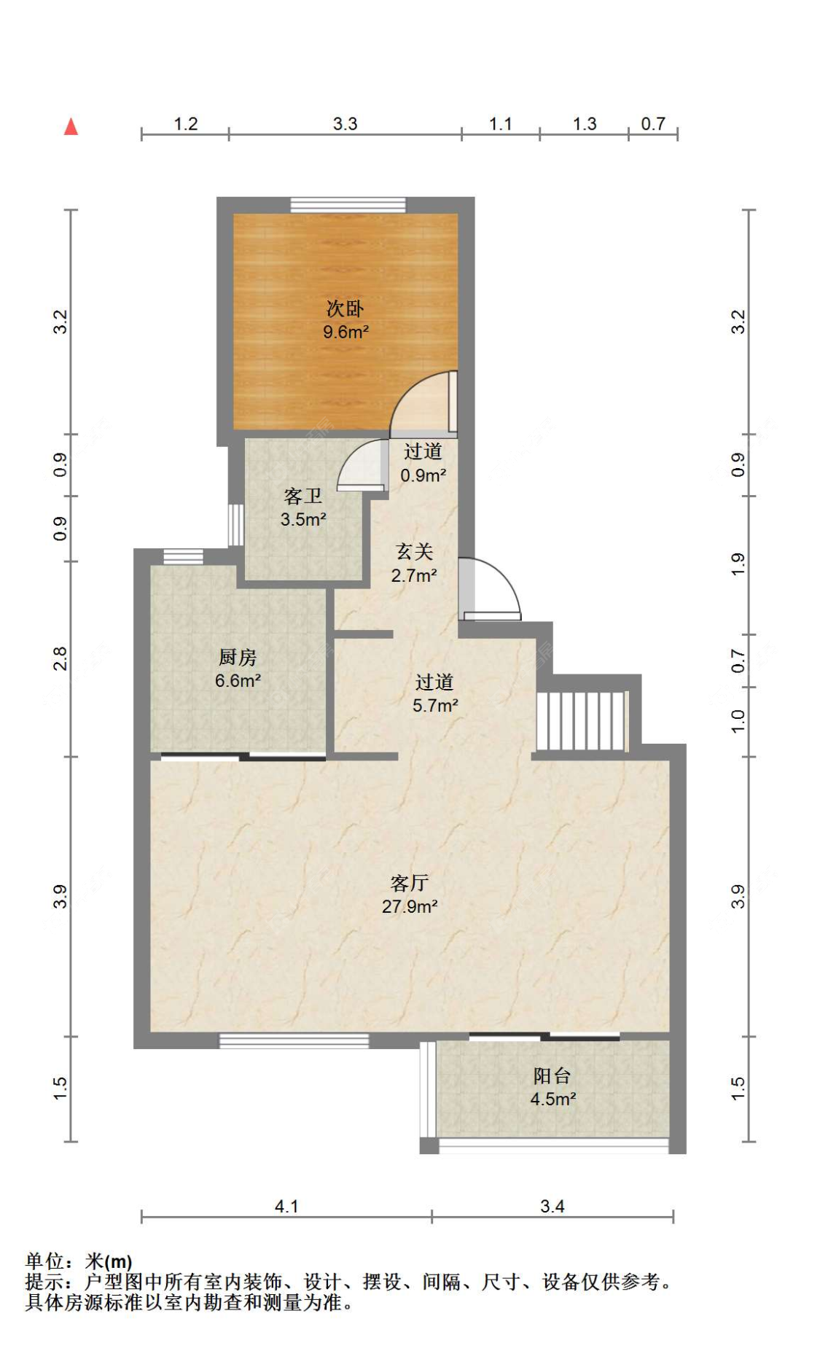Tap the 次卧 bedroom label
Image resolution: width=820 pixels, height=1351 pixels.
(x=345, y=308)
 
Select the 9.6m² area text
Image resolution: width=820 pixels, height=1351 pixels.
(x=346, y=332)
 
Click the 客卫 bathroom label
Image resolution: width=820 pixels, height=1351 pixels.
(x=302, y=497)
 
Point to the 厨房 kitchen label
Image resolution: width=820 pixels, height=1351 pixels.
(x=238, y=658)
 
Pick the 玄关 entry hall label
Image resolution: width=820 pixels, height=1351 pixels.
(x=414, y=552)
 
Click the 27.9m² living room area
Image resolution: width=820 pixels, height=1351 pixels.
(x=410, y=906)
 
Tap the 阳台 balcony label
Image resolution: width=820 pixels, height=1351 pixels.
(x=552, y=1075)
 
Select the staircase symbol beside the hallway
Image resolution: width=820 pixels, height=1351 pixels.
(x=582, y=720)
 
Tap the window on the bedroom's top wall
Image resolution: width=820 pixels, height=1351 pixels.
(x=348, y=205)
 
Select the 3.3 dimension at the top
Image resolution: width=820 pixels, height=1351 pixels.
(x=345, y=124)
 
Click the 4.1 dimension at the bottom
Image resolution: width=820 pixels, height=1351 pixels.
(x=286, y=1207)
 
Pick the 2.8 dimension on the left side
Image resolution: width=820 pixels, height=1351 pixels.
(x=60, y=659)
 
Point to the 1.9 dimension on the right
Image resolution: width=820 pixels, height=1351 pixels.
(x=738, y=565)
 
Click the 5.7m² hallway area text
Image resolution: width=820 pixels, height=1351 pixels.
(x=435, y=706)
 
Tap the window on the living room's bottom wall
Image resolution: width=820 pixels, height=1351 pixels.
(x=294, y=1041)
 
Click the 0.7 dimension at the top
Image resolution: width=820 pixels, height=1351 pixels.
(x=653, y=124)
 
